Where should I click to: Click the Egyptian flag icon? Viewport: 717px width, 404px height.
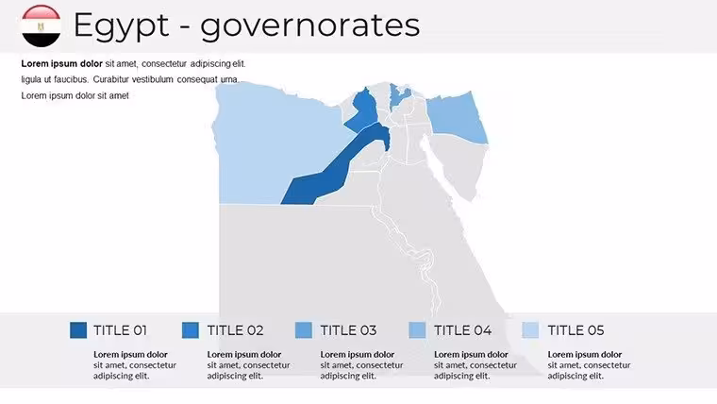[41, 26]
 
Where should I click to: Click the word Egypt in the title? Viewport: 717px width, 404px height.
[121, 25]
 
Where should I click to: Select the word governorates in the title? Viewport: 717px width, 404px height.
[310, 26]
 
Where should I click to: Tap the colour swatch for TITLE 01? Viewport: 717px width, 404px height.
[78, 329]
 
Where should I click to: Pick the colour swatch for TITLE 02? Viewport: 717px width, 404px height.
[191, 329]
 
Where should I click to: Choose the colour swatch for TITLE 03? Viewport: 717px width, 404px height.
[304, 329]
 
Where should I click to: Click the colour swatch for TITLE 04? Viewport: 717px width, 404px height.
[417, 329]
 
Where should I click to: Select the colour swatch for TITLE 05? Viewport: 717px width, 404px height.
[530, 329]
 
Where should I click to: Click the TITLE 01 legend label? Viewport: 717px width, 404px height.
[120, 330]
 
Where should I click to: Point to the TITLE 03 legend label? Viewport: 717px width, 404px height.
[348, 330]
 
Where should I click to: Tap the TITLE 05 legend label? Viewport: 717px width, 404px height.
[575, 330]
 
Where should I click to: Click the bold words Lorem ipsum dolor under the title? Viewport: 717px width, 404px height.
[61, 63]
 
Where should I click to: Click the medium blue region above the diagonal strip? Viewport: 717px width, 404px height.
[362, 110]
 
